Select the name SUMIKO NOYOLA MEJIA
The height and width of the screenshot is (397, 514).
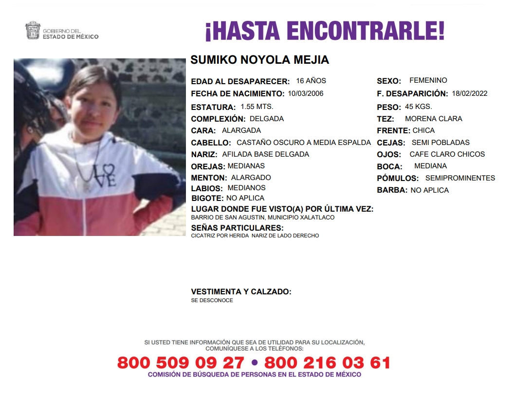coord(260,60)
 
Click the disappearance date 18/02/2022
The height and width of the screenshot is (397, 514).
coord(469,93)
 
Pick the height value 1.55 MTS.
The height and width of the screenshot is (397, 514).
coord(257,107)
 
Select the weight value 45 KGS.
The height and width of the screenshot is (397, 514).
coord(418,107)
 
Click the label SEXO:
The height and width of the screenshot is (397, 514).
coord(389,81)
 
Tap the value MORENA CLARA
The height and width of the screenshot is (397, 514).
coord(433,119)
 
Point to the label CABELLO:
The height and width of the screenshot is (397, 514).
coord(211,143)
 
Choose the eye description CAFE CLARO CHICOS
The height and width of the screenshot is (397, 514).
coord(447,154)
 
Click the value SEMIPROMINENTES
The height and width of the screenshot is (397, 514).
coord(460,178)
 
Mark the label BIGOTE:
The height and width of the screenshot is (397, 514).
coord(207,198)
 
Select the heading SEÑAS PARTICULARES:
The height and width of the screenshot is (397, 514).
coord(237,228)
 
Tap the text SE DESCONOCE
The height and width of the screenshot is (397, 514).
coord(212,300)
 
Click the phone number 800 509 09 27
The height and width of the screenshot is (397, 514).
coord(181,362)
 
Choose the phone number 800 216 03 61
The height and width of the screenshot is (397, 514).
coord(327,362)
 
